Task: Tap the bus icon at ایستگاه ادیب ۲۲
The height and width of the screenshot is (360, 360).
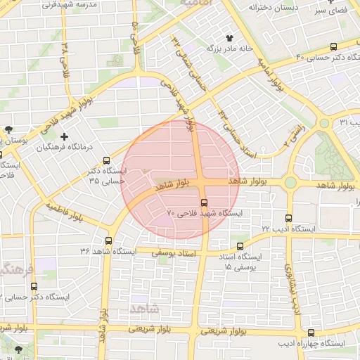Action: point(288,218)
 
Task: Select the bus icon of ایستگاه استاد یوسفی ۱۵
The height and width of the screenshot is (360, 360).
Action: point(240,247)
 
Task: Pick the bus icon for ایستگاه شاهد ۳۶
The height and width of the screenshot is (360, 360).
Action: point(108,240)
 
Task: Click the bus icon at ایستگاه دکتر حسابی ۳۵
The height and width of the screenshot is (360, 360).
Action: point(106,161)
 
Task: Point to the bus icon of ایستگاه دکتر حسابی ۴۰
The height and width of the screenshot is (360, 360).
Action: point(333,46)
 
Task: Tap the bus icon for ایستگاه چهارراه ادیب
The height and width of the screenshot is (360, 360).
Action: point(311,333)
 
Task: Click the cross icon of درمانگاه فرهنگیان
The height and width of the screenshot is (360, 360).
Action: point(65,136)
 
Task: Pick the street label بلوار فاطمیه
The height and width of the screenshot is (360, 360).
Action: point(65,208)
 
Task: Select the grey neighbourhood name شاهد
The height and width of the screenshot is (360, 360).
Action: point(146,309)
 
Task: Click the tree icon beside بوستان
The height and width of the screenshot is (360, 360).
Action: point(8,129)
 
